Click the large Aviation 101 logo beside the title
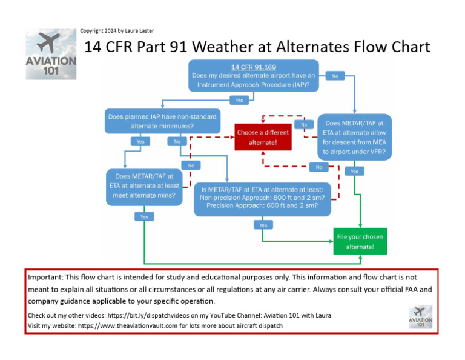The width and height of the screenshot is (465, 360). pyautogui.click(x=51, y=54)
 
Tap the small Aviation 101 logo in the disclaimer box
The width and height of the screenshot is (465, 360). pyautogui.click(x=420, y=316)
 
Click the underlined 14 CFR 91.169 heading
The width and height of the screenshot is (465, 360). pyautogui.click(x=252, y=67)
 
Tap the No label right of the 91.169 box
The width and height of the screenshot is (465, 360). pyautogui.click(x=335, y=76)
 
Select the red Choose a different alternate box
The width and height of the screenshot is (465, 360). pyautogui.click(x=263, y=138)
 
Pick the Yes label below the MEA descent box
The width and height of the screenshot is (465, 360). pyautogui.click(x=354, y=172)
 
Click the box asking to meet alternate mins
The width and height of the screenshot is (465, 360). pyautogui.click(x=144, y=186)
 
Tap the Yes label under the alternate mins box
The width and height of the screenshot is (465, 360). pyautogui.click(x=143, y=216)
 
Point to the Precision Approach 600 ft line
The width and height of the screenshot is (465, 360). pyautogui.click(x=262, y=205)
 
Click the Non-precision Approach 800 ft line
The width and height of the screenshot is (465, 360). pyautogui.click(x=262, y=198)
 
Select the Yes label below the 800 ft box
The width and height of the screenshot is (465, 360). pyautogui.click(x=263, y=225)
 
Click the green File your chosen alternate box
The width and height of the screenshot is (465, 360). pyautogui.click(x=360, y=242)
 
